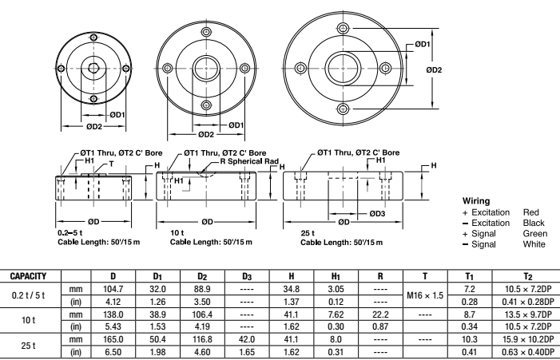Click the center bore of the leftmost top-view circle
coord(93,68)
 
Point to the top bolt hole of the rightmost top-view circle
coord(343,29)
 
